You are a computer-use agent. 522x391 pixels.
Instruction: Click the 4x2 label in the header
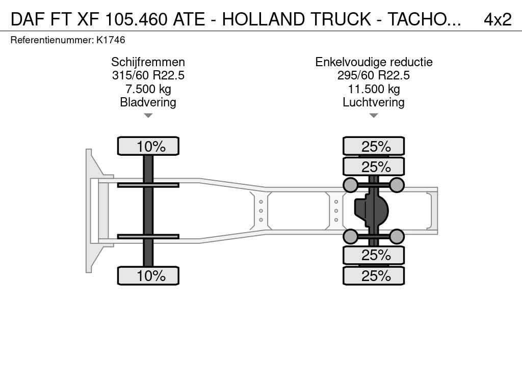point(498,19)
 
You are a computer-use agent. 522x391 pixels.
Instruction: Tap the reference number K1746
point(111,40)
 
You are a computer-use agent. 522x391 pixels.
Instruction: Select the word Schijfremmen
point(148,62)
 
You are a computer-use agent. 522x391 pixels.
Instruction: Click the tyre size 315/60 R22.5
point(148,75)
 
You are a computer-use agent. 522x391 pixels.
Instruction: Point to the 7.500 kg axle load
point(148,89)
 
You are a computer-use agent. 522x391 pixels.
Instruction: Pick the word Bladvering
point(148,102)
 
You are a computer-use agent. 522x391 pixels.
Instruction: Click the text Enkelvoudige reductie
point(374,62)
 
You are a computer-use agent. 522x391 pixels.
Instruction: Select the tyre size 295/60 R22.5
point(374,75)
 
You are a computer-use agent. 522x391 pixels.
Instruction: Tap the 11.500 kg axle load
point(374,89)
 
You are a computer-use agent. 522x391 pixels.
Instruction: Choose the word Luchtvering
point(374,102)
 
